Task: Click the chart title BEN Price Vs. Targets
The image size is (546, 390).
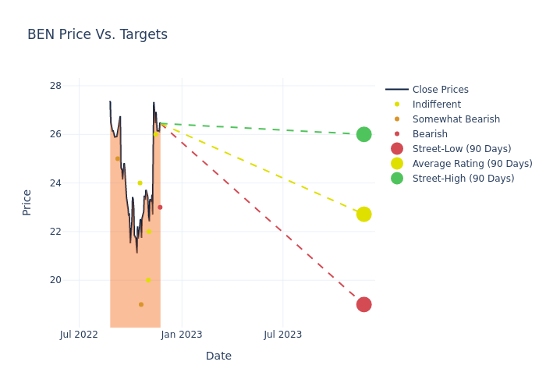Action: tap(97, 34)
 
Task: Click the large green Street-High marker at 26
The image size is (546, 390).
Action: tap(363, 134)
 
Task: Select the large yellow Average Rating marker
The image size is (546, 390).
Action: tap(363, 214)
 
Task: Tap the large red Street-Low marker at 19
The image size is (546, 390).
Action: tap(363, 304)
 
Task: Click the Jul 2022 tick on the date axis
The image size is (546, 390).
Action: tap(79, 335)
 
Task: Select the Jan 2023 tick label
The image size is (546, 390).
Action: tap(182, 335)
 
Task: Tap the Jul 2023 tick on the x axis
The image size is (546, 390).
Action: tap(282, 335)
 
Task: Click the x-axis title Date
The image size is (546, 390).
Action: tap(218, 356)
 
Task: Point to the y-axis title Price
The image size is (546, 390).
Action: tap(27, 202)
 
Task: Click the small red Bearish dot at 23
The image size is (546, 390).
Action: tap(160, 207)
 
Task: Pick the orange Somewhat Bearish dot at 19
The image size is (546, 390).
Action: tap(141, 304)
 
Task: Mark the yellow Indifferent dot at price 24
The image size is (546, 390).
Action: tap(140, 183)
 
